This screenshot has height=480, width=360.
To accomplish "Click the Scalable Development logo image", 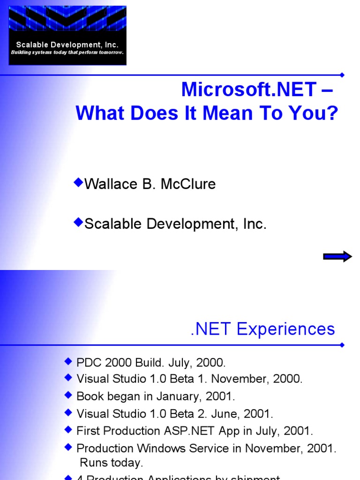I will point(67,35).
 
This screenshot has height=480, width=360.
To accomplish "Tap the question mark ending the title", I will point(332,113).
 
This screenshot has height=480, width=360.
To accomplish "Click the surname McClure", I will point(188,184).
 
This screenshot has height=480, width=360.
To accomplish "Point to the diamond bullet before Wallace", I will point(78,182).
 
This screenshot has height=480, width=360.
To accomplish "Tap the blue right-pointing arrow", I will point(337,256).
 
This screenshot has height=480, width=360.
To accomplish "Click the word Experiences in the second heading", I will point(286,329).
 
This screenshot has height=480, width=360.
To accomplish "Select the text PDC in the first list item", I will point(87,362).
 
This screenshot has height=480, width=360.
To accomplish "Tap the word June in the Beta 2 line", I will point(227,414).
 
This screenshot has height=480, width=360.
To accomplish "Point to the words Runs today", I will point(111,463).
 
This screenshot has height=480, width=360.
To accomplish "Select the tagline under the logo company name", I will point(67,52).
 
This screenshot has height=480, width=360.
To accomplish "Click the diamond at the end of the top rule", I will point(342,75).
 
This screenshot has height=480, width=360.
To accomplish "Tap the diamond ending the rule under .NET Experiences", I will point(342,345).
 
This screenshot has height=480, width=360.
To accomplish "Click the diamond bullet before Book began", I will point(68,396).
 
